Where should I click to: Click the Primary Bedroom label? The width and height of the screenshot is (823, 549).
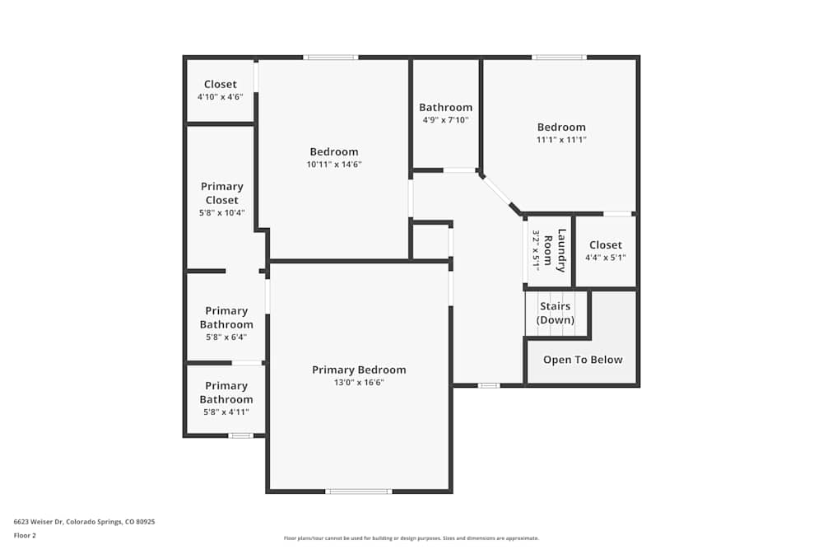pyautogui.click(x=359, y=370)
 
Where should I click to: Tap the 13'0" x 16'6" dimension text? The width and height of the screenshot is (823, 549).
pyautogui.click(x=359, y=383)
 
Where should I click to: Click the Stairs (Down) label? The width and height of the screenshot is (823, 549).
pyautogui.click(x=556, y=313)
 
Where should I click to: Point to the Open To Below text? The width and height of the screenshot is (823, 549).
pyautogui.click(x=583, y=360)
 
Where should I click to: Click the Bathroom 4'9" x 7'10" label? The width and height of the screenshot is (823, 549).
pyautogui.click(x=445, y=107)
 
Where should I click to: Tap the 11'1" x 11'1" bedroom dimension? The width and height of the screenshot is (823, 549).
pyautogui.click(x=561, y=140)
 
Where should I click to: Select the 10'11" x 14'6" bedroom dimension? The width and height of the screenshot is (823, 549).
pyautogui.click(x=334, y=165)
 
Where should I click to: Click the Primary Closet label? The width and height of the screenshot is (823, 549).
pyautogui.click(x=221, y=193)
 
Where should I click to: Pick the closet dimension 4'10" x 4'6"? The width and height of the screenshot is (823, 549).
pyautogui.click(x=220, y=97)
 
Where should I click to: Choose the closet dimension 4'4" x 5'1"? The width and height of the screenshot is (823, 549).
pyautogui.click(x=605, y=258)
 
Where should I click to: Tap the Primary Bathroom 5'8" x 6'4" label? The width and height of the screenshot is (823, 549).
pyautogui.click(x=226, y=318)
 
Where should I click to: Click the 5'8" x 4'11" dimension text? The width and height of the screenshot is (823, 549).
pyautogui.click(x=226, y=412)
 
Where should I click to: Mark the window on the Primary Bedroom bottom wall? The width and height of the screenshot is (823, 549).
pyautogui.click(x=358, y=491)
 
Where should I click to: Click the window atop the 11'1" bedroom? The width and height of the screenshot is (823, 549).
pyautogui.click(x=559, y=58)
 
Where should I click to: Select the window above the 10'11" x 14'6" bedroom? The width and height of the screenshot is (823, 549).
pyautogui.click(x=330, y=58)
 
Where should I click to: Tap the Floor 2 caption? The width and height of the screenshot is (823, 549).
pyautogui.click(x=25, y=535)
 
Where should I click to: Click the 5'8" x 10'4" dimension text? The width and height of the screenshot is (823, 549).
pyautogui.click(x=221, y=213)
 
